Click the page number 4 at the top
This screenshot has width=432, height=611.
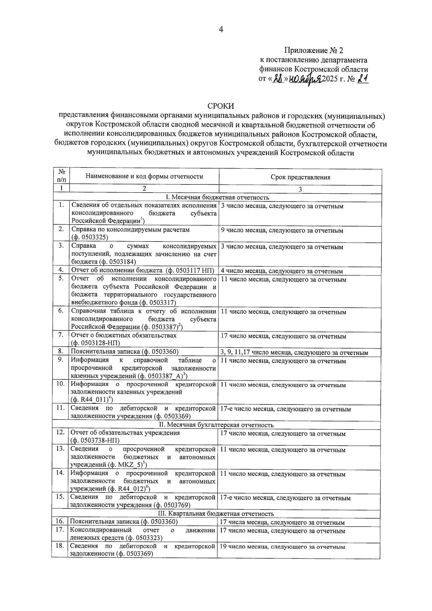pos(221,30)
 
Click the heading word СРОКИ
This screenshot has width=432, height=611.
pos(221,106)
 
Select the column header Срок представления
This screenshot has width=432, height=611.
pos(300,177)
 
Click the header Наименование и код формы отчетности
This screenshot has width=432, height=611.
pos(144,176)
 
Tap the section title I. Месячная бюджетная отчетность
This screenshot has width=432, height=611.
pos(217,197)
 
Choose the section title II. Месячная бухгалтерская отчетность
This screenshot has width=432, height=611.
pos(216,425)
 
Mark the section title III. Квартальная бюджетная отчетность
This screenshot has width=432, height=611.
pos(216,514)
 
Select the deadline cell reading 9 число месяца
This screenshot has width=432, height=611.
pos(282,230)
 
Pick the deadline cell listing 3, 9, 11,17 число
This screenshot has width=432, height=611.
pos(294,353)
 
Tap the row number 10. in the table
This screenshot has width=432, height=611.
pos(60,384)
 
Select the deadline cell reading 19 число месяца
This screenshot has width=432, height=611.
pos(282,547)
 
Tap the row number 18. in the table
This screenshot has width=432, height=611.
pos(60,546)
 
